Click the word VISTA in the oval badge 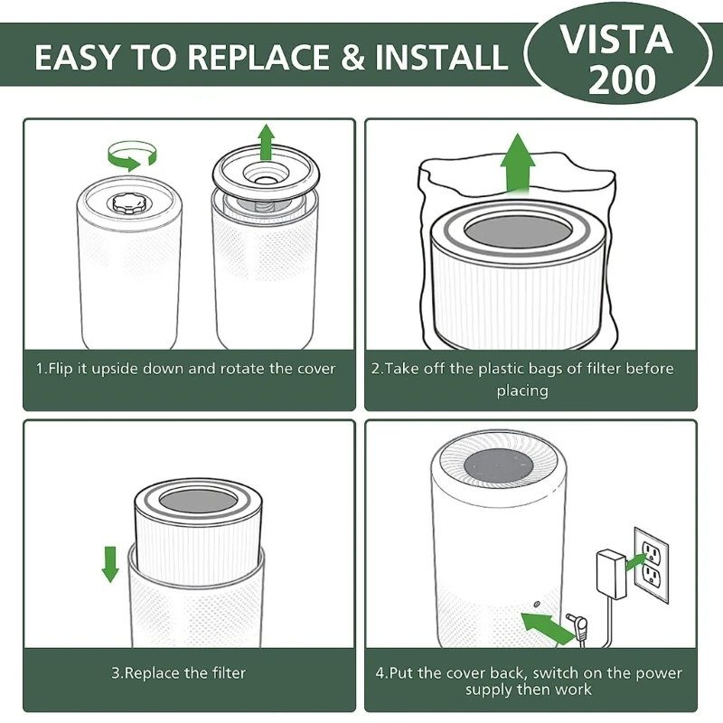click(616, 39)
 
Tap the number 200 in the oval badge click(622, 80)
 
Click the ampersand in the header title click(352, 57)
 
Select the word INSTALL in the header click(441, 57)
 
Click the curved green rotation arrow click(132, 155)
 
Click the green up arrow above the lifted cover click(266, 142)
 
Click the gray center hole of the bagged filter click(518, 230)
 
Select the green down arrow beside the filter click(110, 564)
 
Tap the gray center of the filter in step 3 click(198, 502)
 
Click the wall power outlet click(651, 564)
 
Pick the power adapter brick click(611, 574)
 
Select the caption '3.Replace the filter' click(178, 672)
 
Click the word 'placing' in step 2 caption click(522, 390)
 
